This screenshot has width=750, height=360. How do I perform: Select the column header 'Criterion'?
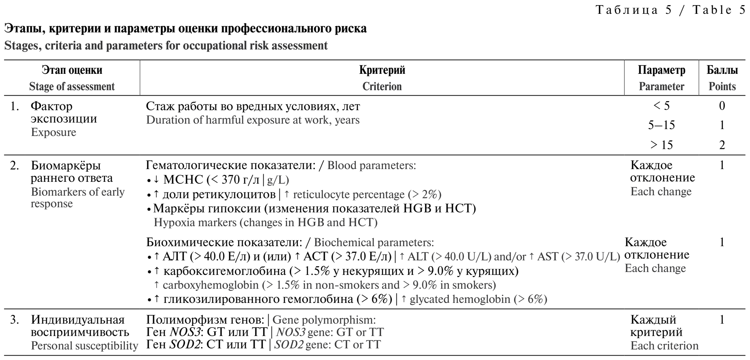pos(382,87)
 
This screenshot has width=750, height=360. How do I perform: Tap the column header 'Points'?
pos(722,87)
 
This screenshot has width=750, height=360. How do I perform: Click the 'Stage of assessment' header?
pos(72,87)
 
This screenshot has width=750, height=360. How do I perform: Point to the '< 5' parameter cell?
pos(661,106)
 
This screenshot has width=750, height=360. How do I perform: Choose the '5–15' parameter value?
pos(661,125)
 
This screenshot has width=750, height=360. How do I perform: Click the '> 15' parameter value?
pos(661,145)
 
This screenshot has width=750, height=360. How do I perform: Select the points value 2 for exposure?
pos(722,145)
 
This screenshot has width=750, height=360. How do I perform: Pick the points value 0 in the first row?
pos(722,106)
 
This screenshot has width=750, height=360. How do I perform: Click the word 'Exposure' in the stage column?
pos(53,132)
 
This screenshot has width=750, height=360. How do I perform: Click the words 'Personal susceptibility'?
pos(84,346)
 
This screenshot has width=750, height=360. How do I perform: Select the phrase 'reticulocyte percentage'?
pos(348,195)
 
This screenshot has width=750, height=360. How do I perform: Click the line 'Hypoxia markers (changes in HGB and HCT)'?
pos(266,222)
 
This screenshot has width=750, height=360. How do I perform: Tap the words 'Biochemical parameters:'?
pos(374,242)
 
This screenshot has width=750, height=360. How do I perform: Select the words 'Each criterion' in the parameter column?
pos(664,346)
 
